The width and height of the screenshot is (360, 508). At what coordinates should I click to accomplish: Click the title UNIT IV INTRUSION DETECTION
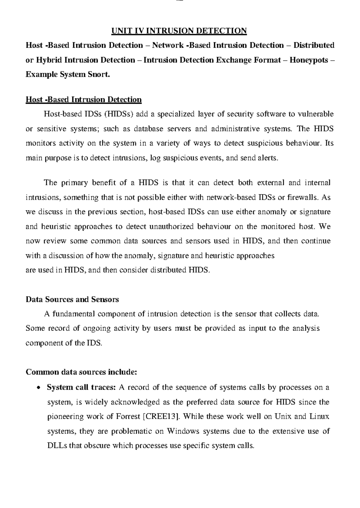[179, 31]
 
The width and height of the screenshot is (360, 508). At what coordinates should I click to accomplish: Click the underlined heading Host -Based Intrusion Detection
[84, 99]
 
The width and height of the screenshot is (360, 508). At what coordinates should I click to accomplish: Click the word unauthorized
[172, 226]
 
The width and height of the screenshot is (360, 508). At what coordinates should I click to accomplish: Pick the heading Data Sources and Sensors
[72, 299]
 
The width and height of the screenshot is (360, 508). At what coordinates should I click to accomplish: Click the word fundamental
[73, 314]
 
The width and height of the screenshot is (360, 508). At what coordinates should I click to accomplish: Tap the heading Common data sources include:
[81, 372]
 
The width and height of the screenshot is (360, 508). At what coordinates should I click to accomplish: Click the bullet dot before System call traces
[38, 388]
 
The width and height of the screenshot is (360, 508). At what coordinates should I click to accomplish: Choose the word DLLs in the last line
[57, 446]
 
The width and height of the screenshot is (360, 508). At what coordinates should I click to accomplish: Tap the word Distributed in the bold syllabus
[314, 45]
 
